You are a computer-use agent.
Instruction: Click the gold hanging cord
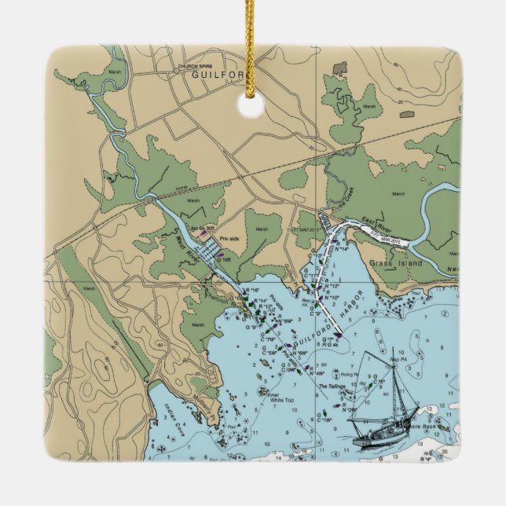[252, 47]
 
